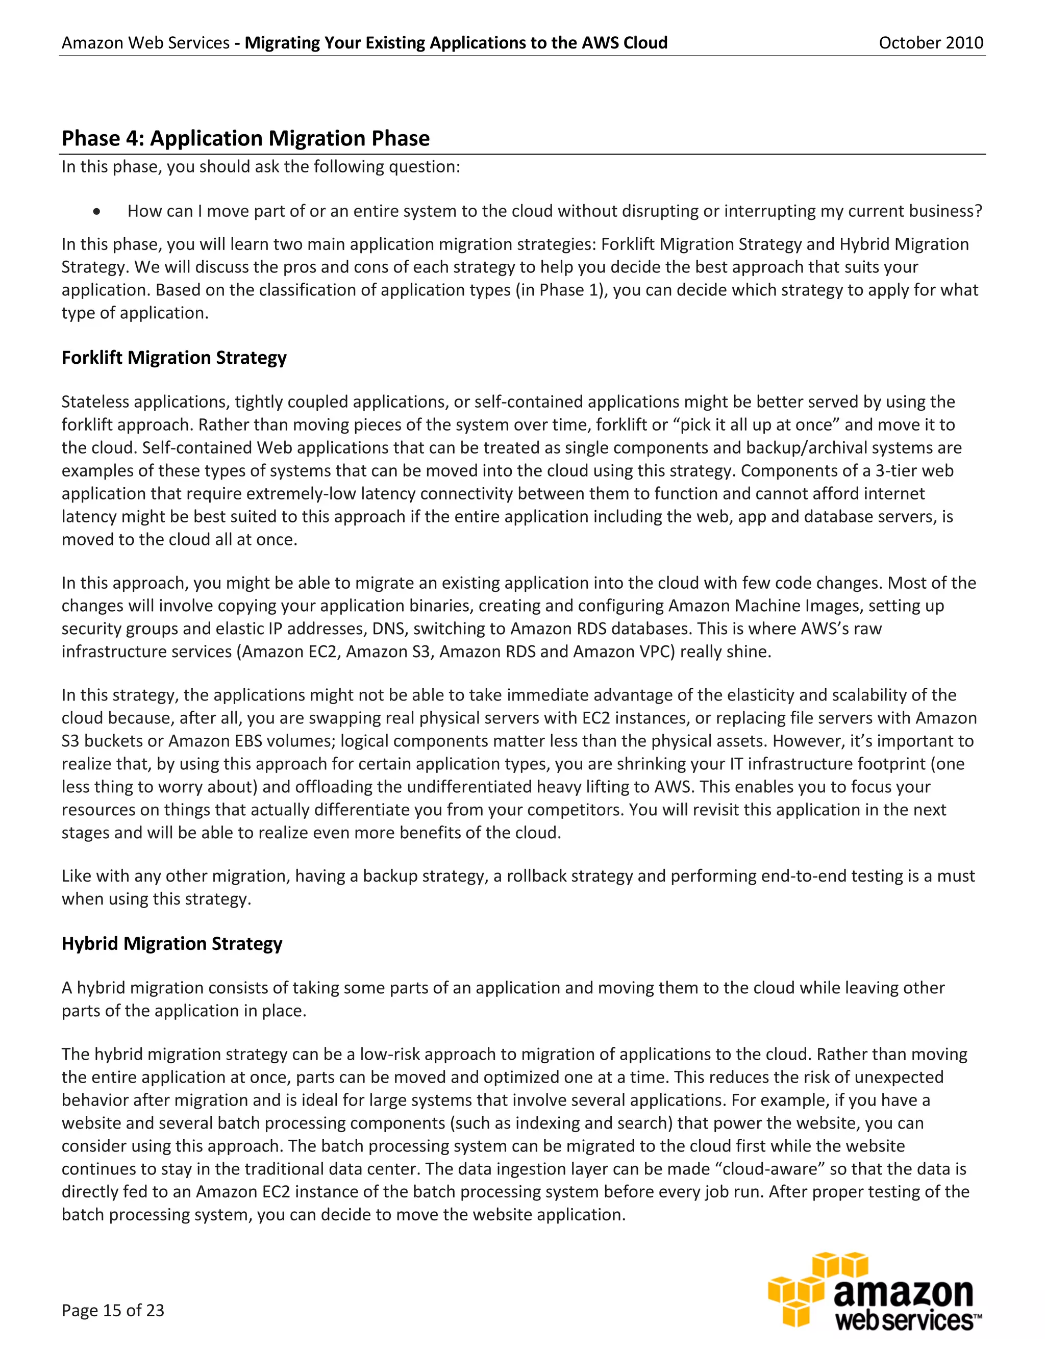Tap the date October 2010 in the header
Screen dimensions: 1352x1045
pyautogui.click(x=931, y=43)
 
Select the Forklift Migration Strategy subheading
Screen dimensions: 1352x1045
pyautogui.click(x=174, y=358)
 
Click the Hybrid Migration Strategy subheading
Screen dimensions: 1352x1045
pyautogui.click(x=171, y=943)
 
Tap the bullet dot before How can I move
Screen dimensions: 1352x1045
pyautogui.click(x=96, y=212)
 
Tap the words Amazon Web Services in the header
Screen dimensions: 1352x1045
pyautogui.click(x=145, y=43)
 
